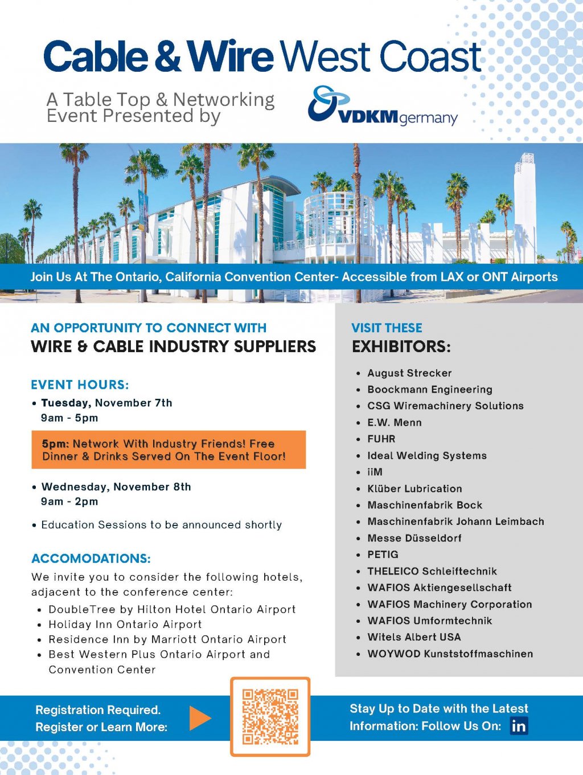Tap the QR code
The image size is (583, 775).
(x=270, y=716)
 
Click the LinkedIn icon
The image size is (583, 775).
(x=519, y=725)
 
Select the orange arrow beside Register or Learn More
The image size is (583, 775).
(x=199, y=718)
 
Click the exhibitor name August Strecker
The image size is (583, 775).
(x=409, y=373)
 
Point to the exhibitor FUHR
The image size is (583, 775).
(x=381, y=439)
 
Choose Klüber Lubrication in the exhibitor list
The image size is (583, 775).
(x=414, y=488)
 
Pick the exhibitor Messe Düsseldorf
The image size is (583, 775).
(x=414, y=538)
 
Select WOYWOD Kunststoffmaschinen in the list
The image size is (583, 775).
(x=450, y=654)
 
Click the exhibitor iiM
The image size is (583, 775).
(x=375, y=472)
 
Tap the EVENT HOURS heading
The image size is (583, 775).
(x=80, y=385)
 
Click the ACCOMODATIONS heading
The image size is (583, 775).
(x=91, y=558)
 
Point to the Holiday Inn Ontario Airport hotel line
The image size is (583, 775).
(x=125, y=625)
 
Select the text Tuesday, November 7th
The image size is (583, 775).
(x=106, y=403)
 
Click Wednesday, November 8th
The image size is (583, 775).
(x=116, y=487)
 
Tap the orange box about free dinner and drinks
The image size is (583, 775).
(x=169, y=450)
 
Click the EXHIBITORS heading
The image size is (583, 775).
(x=401, y=346)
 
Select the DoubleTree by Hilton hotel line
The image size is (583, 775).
(x=172, y=609)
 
